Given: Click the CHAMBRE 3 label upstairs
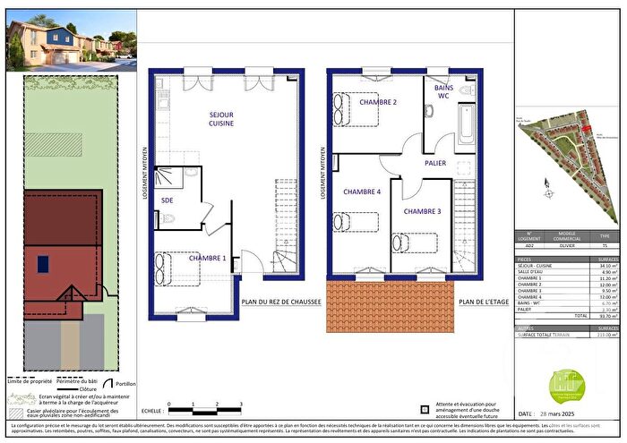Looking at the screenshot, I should point(422,211).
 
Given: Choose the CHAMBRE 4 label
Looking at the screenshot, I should point(361,192).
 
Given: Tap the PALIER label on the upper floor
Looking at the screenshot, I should point(436,163).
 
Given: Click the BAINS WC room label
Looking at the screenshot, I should point(444,91).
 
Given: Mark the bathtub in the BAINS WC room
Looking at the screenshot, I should point(468,125).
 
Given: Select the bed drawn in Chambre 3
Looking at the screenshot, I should point(414,243).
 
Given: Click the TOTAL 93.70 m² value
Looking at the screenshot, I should point(600,316).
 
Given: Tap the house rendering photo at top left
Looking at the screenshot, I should point(72,39).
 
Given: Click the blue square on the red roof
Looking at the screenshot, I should point(42,263).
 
